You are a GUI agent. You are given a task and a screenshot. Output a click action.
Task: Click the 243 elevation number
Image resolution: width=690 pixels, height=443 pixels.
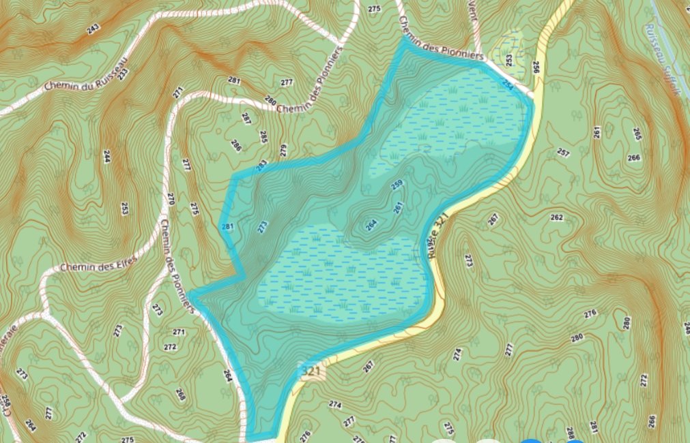(x=94, y=29)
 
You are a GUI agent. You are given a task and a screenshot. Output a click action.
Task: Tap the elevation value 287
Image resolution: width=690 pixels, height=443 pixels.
(x=246, y=118)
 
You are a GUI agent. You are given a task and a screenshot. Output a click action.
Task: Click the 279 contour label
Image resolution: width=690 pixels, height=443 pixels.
(x=283, y=150)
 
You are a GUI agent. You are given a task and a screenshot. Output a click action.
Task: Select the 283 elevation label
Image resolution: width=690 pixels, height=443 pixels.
(x=261, y=165)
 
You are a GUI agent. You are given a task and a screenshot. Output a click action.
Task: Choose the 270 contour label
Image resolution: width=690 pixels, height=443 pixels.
(x=171, y=199)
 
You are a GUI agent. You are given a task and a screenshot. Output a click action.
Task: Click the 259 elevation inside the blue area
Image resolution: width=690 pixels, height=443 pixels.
(x=396, y=185)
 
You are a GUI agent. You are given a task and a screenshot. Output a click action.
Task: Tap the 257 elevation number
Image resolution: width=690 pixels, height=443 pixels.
(x=563, y=152)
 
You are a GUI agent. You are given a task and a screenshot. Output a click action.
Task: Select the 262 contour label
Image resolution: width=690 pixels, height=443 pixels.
(x=556, y=217)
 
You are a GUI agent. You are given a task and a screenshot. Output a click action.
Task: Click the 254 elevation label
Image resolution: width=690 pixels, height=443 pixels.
(x=508, y=83)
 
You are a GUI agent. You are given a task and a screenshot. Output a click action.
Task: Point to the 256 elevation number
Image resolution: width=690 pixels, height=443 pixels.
(x=535, y=67)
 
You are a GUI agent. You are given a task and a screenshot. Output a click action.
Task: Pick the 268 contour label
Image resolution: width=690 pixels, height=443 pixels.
(x=181, y=394)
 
